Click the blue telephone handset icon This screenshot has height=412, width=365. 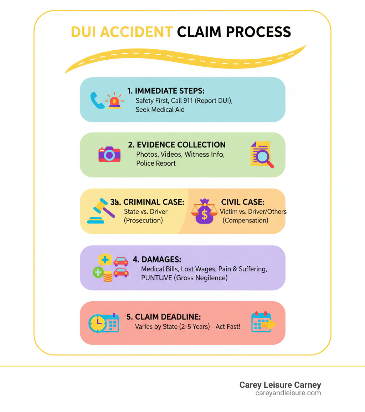97,100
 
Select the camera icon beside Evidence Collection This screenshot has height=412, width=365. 109,154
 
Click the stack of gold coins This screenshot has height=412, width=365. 108,276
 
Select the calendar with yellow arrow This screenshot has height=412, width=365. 263,322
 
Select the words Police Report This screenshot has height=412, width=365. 156,163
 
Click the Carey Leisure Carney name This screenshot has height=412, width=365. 280,385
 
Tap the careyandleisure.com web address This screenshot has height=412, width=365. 288,393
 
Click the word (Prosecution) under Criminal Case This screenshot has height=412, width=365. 143,220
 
